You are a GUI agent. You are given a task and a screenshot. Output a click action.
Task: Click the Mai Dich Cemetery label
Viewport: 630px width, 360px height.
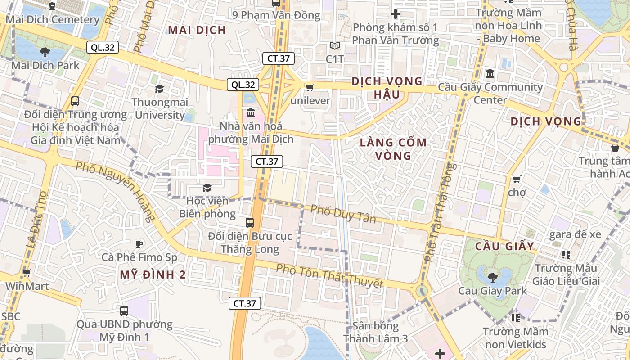(x=52, y=20)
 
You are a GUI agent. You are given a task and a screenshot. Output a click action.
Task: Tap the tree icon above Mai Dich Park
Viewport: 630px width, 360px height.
(x=45, y=52)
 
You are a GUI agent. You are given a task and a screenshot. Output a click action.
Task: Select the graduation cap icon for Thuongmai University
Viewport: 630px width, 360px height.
(x=159, y=89)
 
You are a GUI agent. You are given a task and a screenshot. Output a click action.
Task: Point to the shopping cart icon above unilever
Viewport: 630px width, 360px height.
(x=310, y=87)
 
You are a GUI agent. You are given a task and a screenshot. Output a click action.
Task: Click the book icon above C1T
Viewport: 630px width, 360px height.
(x=334, y=45)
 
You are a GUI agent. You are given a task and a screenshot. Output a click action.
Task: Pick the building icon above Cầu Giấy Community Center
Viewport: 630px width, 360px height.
(x=490, y=73)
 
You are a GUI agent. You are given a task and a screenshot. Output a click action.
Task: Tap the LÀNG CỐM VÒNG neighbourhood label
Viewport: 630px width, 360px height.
(x=393, y=149)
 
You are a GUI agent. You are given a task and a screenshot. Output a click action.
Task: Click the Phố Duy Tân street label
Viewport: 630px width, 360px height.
(x=343, y=214)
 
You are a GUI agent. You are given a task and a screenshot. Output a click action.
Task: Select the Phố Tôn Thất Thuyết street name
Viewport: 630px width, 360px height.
(x=329, y=276)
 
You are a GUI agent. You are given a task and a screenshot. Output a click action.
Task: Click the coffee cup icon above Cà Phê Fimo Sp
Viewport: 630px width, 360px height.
(x=139, y=244)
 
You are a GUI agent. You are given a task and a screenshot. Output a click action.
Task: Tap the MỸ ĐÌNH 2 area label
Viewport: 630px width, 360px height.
(x=153, y=274)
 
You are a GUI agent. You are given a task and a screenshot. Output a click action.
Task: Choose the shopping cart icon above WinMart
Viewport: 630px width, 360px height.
(x=27, y=273)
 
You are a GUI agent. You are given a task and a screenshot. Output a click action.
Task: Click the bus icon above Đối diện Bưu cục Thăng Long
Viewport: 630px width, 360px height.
(x=250, y=222)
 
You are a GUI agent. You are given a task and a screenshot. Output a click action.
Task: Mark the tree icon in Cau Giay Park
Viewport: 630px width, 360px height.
(x=492, y=276)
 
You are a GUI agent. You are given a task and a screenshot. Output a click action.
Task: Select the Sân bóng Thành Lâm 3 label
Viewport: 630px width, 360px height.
(x=376, y=332)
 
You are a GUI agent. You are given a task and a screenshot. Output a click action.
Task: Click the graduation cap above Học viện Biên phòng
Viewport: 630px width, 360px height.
(x=207, y=187)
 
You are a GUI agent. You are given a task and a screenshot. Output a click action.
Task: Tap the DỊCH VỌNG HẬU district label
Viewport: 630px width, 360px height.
(x=387, y=88)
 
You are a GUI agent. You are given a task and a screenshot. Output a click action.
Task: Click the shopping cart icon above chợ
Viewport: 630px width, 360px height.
(x=517, y=179)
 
